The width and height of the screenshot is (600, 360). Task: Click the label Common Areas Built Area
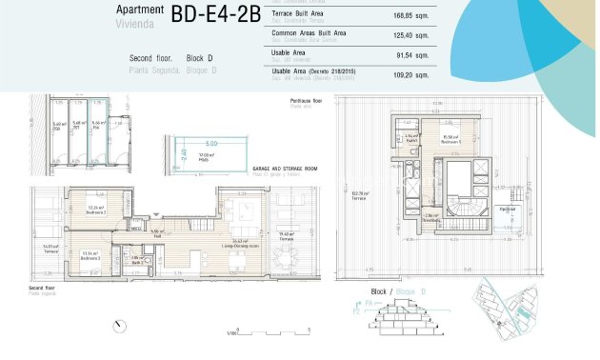[x=309, y=33]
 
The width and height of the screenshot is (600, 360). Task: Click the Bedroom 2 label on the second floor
[x=95, y=210]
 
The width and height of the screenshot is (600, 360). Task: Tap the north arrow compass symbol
[x=119, y=327]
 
